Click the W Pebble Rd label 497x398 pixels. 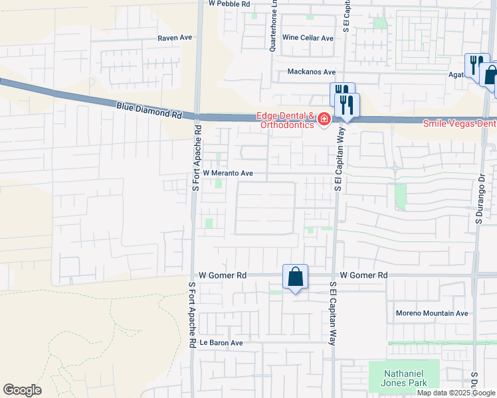[x=229, y=4]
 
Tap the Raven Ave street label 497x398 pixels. [x=175, y=38]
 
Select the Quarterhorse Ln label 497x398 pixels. [x=273, y=25]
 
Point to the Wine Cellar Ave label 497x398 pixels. [x=308, y=38]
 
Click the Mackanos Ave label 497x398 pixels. [x=312, y=72]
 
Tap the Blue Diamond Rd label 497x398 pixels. [x=149, y=109]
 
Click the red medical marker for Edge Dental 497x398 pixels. [x=324, y=119]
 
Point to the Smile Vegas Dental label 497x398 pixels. [x=460, y=123]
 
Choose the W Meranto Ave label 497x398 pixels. [x=228, y=173]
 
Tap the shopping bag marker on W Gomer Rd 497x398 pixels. [x=295, y=277]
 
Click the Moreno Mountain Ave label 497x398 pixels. [x=432, y=313]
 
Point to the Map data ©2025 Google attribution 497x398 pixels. [x=456, y=393]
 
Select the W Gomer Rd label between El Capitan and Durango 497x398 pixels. [x=363, y=275]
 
